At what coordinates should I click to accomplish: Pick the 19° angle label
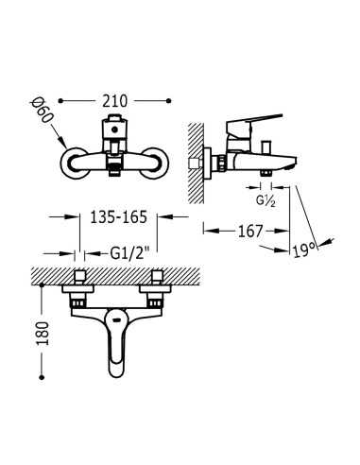pyautogui.click(x=302, y=251)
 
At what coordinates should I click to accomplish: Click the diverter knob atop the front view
pyautogui.click(x=114, y=127)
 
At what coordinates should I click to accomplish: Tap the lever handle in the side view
pyautogui.click(x=256, y=121)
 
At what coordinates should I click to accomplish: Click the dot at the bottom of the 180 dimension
pyautogui.click(x=43, y=377)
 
